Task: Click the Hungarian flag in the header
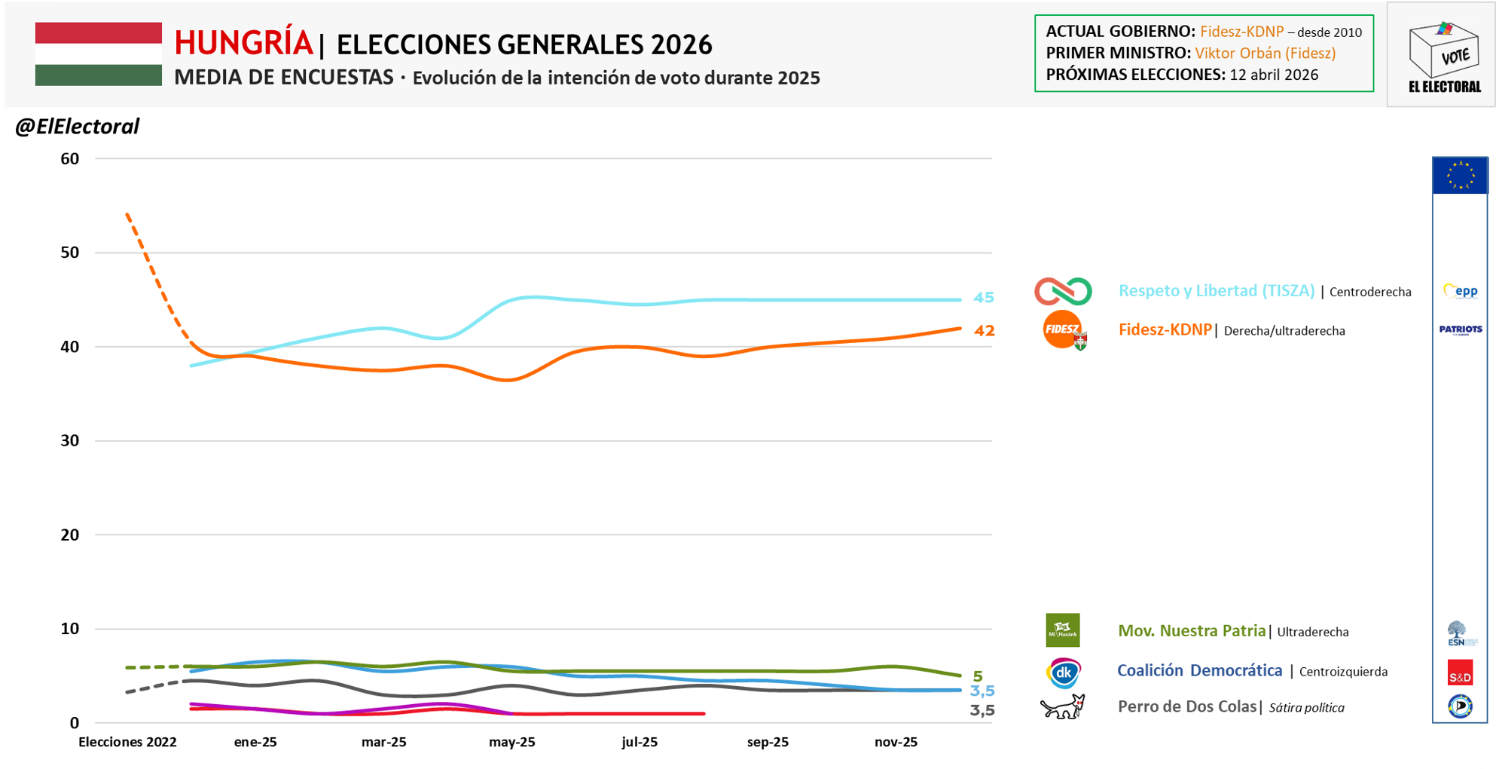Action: (98, 54)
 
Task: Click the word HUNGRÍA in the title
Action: (243, 44)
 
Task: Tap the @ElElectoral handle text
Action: (77, 126)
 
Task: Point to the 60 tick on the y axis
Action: (69, 158)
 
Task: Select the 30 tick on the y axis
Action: (69, 440)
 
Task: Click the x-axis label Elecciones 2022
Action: (127, 742)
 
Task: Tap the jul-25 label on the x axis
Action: (640, 742)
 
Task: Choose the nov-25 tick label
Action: (896, 742)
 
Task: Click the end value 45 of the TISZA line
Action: (983, 298)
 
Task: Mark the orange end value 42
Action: (984, 330)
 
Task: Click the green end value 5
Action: (977, 676)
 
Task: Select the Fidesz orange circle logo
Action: (1062, 329)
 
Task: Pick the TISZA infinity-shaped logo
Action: (1062, 291)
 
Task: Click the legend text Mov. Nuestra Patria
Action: (1191, 631)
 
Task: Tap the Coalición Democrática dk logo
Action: (1063, 672)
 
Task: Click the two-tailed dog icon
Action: (1062, 707)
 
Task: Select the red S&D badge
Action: (1460, 672)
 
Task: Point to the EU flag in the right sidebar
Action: (1460, 176)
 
